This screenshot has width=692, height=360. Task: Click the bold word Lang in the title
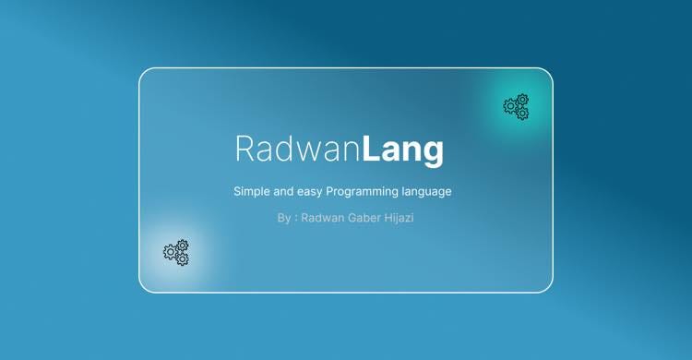point(402,150)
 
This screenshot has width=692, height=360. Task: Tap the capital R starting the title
point(245,150)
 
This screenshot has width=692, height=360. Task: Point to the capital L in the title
point(371,149)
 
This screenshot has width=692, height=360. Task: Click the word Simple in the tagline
point(254,192)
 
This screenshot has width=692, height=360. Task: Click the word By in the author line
point(283,219)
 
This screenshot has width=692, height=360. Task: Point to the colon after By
point(295,220)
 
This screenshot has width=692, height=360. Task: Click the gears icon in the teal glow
point(517,106)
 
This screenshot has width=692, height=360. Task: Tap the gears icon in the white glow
point(176,252)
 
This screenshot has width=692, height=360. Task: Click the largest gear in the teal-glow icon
point(510,107)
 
